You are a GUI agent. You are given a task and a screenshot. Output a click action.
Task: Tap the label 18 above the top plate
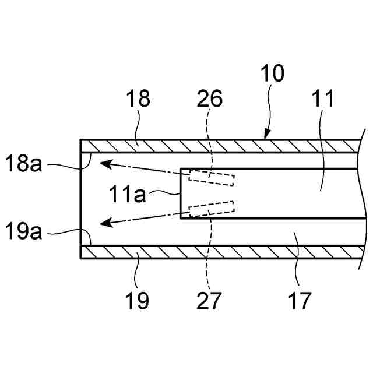(138, 99)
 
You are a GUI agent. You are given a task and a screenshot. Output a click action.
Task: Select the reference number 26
(210, 99)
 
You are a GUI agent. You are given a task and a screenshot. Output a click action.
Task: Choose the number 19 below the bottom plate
(138, 301)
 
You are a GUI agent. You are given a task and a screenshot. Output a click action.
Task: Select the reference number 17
(298, 301)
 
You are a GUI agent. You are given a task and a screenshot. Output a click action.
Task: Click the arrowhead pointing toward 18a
(105, 164)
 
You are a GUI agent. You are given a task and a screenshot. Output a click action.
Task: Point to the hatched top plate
(221, 145)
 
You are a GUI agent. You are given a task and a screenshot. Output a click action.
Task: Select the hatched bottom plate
(221, 252)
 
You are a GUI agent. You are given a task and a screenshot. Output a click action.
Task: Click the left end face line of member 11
(180, 193)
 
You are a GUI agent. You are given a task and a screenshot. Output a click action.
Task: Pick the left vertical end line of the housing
(80, 198)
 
